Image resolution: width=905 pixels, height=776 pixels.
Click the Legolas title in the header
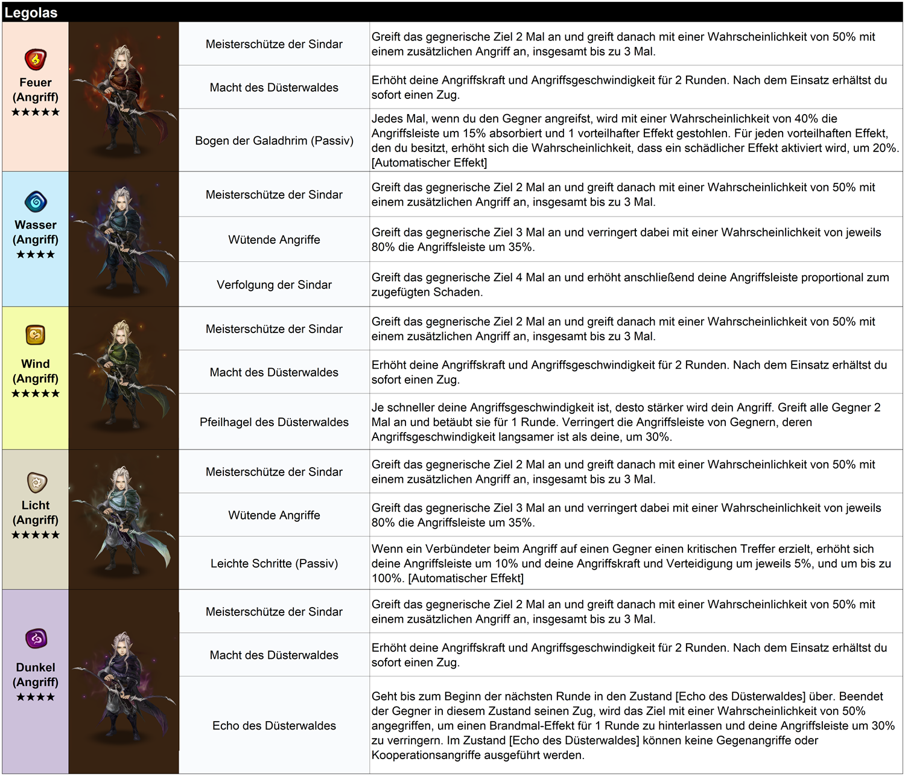point(31,13)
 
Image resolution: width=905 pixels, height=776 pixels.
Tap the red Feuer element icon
point(36,59)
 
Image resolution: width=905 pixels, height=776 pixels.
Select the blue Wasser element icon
point(36,202)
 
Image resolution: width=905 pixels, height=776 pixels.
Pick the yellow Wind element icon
point(36,334)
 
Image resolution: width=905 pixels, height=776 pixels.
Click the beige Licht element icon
point(36,482)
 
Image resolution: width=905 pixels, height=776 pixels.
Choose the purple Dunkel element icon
point(36,638)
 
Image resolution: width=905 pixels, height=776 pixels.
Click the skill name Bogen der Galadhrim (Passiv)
point(274,141)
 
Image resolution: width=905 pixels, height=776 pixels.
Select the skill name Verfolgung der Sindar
point(274,285)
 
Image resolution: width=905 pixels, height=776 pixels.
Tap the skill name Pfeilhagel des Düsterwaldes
point(274,422)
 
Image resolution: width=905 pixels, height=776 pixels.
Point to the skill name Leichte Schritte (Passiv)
point(274,564)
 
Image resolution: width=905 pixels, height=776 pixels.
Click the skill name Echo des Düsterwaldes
point(274,726)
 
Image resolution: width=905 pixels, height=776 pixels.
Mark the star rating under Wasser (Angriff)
point(36,255)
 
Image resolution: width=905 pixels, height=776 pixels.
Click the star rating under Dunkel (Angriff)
point(36,697)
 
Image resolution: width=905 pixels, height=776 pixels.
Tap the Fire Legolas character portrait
point(124,97)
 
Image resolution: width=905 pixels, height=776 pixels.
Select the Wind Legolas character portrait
point(124,378)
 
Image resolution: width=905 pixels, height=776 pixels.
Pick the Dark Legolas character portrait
point(124,682)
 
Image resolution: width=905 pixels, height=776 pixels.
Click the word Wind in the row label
point(36,364)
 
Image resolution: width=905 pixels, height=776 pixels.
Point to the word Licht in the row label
point(36,506)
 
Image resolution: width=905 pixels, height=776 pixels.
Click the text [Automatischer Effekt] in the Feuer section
point(429,163)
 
